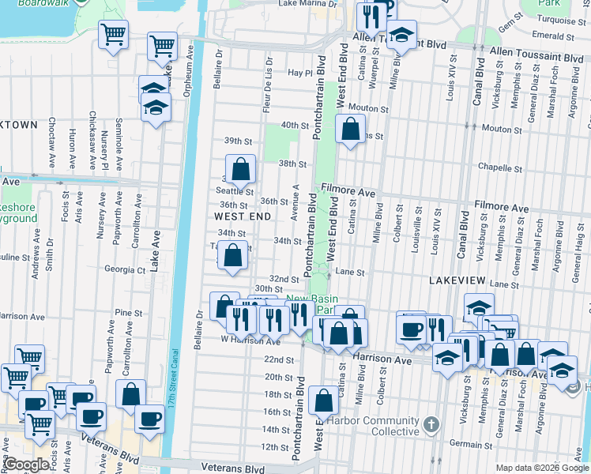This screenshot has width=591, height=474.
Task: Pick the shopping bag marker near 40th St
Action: click(x=349, y=129)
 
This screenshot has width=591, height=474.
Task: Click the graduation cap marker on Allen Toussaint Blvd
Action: click(x=401, y=36)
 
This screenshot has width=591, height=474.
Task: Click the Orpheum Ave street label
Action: click(x=189, y=67)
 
